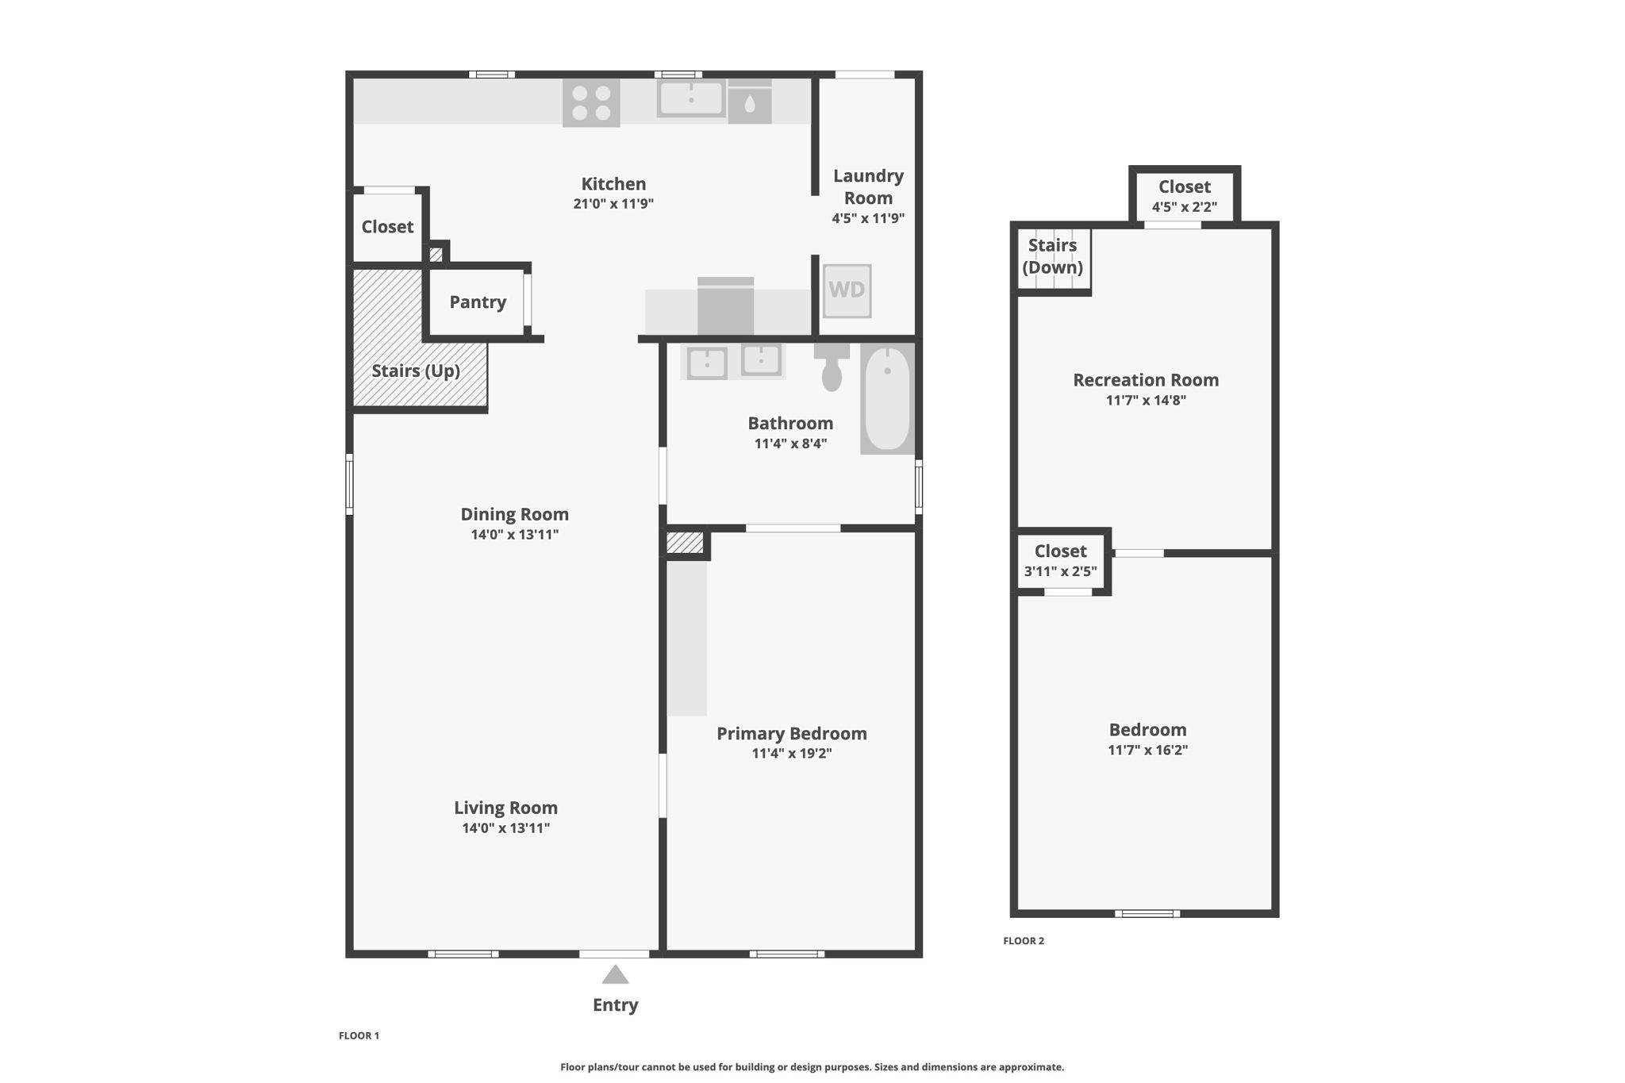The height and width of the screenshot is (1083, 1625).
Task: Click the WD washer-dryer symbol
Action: pos(847,290)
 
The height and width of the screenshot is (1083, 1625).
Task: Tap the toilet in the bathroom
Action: pos(831,368)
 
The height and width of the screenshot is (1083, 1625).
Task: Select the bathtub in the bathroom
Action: pos(887,398)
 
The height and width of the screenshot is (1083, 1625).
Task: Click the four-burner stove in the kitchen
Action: pos(591,103)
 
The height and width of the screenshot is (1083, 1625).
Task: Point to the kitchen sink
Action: pos(691,99)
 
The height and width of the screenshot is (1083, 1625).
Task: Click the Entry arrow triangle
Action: pos(615,974)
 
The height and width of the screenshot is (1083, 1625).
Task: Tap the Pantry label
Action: pos(478,301)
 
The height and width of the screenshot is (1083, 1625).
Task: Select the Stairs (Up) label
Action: pos(416,371)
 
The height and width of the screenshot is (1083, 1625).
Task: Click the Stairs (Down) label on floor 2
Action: pos(1052,255)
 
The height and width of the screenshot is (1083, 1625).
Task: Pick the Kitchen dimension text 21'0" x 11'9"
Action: pos(613,203)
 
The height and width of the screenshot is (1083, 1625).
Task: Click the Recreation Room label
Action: pos(1146,380)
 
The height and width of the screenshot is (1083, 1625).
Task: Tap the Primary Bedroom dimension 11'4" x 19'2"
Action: pos(791,753)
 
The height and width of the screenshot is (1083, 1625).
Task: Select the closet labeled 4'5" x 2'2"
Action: pos(1184,196)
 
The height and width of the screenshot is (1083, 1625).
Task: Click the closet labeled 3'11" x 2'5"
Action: pos(1060,560)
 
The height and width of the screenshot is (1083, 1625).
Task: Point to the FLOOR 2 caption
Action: pos(1024,941)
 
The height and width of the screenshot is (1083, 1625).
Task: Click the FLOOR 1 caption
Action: pos(359,1035)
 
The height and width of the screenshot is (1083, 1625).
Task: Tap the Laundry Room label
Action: pos(868,186)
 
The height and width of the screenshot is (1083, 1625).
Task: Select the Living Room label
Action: pos(505,808)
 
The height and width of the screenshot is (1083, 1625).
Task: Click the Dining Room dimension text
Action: pos(515,535)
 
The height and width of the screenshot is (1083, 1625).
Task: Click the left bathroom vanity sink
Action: pos(706,363)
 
